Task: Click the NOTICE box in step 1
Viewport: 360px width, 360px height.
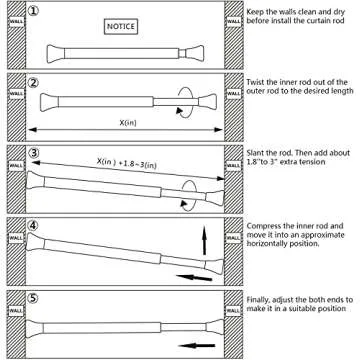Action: (x=121, y=26)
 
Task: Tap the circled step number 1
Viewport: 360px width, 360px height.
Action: (x=33, y=11)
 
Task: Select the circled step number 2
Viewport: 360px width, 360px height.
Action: (x=33, y=83)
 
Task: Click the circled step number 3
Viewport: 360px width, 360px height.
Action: (x=33, y=153)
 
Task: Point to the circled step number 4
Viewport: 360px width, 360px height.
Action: (x=33, y=226)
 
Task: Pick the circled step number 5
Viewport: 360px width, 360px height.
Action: (x=33, y=298)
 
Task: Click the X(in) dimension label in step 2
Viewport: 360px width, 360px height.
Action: (x=128, y=122)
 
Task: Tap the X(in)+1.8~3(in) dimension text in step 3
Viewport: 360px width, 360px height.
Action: (x=127, y=164)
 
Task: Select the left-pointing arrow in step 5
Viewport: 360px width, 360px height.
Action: (x=197, y=346)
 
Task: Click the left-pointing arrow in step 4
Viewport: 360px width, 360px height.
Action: (x=194, y=278)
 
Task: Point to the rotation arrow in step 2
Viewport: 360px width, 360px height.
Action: (x=185, y=102)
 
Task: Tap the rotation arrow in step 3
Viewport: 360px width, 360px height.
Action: (x=189, y=196)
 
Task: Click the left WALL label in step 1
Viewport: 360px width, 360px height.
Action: (x=16, y=22)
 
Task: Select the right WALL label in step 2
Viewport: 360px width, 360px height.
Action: (x=234, y=93)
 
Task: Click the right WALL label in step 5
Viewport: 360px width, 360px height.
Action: (x=234, y=311)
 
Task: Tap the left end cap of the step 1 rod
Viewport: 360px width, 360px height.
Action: (x=55, y=54)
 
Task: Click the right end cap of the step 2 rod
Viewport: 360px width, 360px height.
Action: (x=208, y=101)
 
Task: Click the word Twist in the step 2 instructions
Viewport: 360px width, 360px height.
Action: (x=255, y=82)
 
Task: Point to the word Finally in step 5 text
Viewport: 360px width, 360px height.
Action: (x=259, y=300)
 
